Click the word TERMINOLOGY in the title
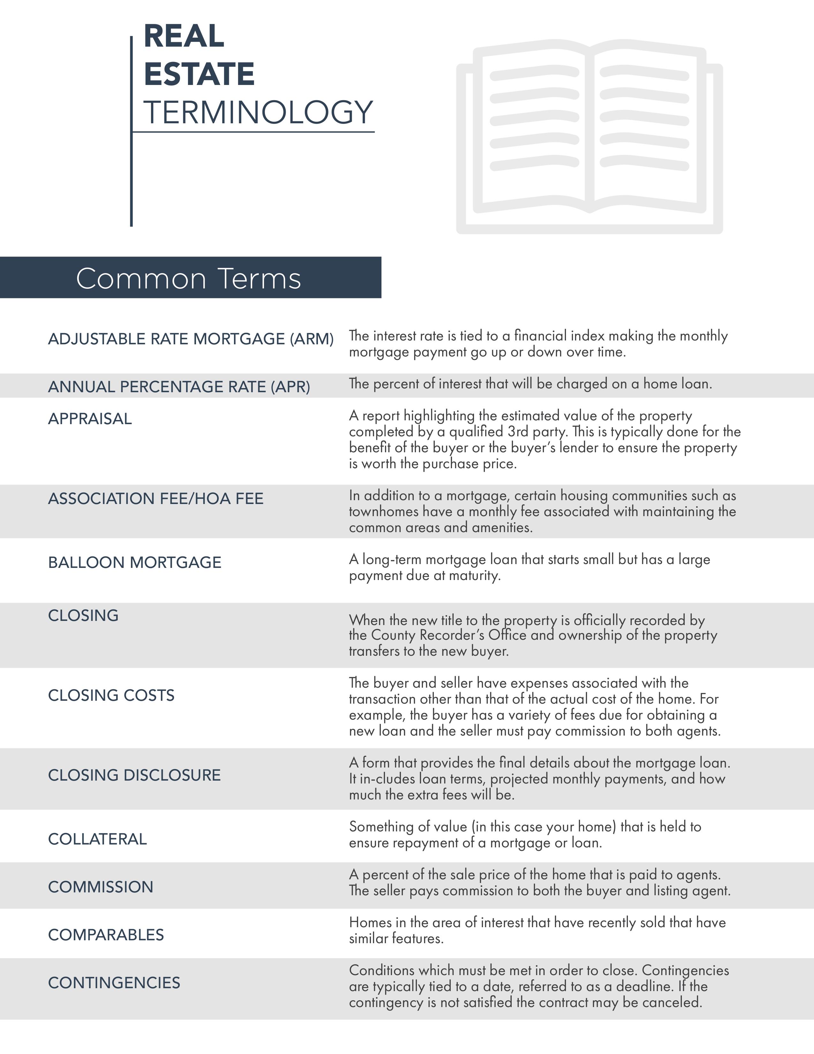pos(258,112)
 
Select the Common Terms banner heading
pos(189,279)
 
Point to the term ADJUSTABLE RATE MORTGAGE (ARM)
pos(191,339)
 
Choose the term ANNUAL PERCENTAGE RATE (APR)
pos(179,386)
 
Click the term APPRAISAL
pos(90,418)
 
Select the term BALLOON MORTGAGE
pos(134,562)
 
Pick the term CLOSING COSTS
pos(111,695)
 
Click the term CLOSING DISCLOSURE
pos(134,775)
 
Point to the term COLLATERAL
pos(97,839)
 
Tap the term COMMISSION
pos(101,887)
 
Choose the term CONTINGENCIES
pos(114,982)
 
